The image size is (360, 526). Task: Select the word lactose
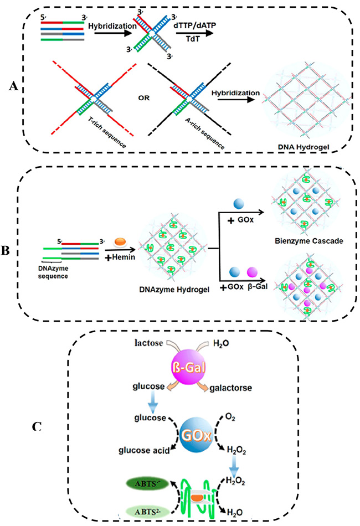[x=151, y=344]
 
